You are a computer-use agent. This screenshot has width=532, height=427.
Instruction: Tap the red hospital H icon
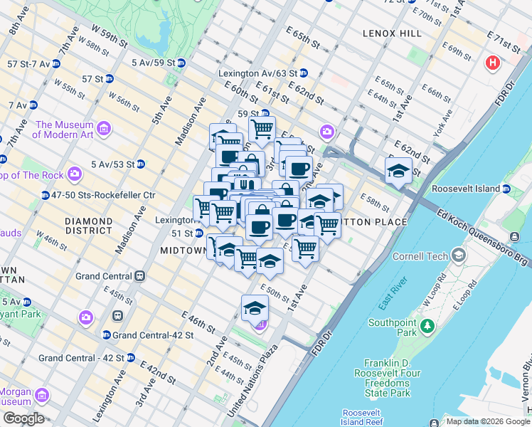491,64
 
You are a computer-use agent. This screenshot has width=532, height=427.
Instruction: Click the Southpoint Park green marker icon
427,326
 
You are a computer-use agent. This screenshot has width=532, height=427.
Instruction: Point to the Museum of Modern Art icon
105,129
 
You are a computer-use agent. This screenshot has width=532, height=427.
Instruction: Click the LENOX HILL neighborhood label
387,33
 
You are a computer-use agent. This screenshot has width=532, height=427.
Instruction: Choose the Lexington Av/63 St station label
257,73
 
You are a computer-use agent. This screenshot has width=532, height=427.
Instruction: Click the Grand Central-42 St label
147,334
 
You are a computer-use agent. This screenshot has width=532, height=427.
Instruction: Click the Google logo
23,418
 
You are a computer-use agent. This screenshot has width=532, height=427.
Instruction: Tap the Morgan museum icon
42,394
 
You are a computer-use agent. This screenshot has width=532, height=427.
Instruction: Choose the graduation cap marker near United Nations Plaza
255,308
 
